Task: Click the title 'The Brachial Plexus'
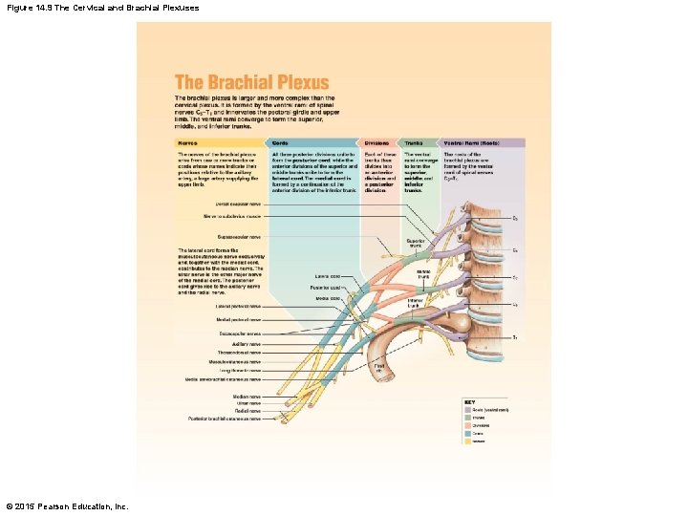pos(251,83)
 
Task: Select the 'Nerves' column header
pos(186,143)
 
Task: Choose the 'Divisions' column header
pos(376,143)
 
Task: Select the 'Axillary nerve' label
pos(247,344)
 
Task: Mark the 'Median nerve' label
pos(247,396)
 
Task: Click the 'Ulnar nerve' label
pos(248,403)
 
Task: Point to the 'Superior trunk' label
pos(415,243)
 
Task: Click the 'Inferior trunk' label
pos(415,304)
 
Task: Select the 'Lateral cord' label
pos(328,276)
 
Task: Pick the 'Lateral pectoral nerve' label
pos(238,306)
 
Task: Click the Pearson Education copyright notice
pos(66,505)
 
